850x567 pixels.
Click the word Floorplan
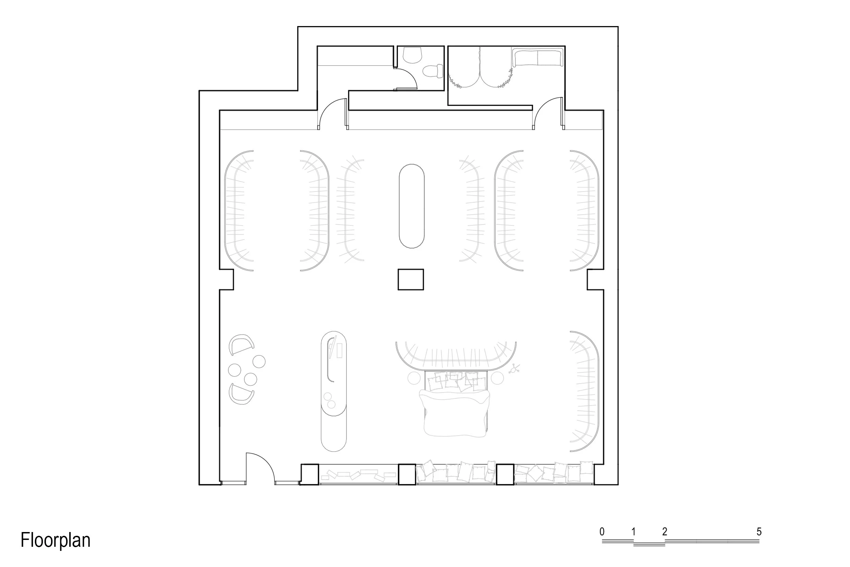tap(55, 540)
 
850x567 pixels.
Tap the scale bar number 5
tap(759, 532)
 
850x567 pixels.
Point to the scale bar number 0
tap(602, 532)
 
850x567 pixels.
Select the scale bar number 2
tap(665, 532)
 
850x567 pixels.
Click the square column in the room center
tap(411, 279)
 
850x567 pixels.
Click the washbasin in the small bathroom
tap(412, 55)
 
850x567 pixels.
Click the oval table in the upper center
tap(411, 206)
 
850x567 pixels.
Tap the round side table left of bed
tap(414, 378)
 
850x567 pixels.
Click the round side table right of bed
tap(497, 378)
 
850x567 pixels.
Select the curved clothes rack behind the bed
tap(456, 356)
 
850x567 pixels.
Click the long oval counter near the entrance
tap(333, 390)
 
